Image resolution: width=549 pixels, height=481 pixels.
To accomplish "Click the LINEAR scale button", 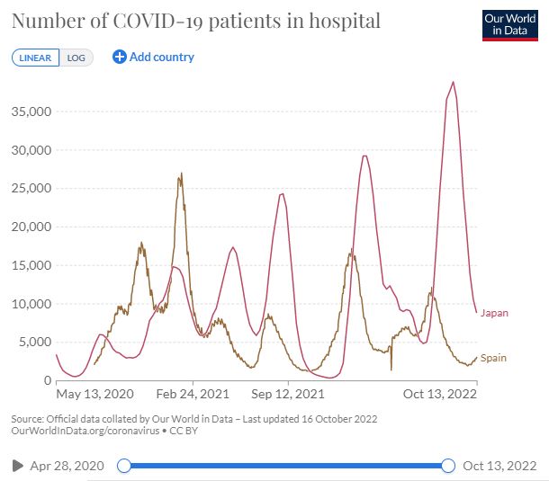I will (x=35, y=58).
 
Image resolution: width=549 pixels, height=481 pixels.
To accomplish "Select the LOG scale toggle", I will (x=76, y=58).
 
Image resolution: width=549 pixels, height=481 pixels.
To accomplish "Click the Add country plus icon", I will (x=120, y=57).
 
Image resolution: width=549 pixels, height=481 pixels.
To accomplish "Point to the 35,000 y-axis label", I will (x=31, y=112).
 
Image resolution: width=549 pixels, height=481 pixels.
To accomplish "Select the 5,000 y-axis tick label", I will (x=34, y=342).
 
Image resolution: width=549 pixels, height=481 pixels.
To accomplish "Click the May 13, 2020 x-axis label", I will (x=94, y=394).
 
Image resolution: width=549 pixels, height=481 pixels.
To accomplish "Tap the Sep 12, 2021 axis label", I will (x=287, y=394).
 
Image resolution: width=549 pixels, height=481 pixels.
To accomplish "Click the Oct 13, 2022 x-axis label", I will (x=438, y=394).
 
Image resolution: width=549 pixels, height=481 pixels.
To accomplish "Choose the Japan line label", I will (x=494, y=313).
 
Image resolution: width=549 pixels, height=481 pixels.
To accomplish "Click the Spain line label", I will (x=493, y=358).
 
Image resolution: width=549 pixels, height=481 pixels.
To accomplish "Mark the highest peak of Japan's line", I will (x=454, y=83).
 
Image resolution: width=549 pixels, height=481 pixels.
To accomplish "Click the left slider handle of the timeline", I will (x=124, y=465).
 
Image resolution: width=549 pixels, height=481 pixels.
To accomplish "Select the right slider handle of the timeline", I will (x=448, y=465).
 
